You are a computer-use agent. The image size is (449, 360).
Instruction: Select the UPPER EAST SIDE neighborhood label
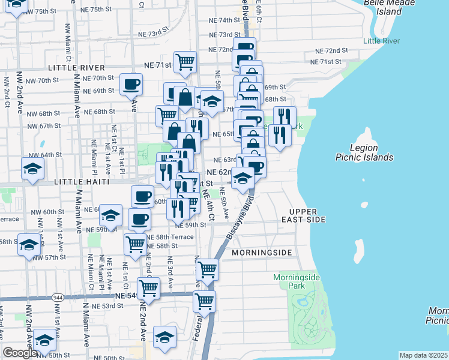tap(307, 216)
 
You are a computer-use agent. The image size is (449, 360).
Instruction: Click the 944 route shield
tap(58, 298)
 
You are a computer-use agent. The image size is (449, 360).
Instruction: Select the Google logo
tap(20, 353)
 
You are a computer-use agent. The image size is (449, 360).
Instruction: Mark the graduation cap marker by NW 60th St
tap(110, 214)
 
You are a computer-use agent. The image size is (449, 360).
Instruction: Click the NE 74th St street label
tap(224, 20)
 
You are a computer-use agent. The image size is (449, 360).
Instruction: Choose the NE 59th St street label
tap(191, 225)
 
